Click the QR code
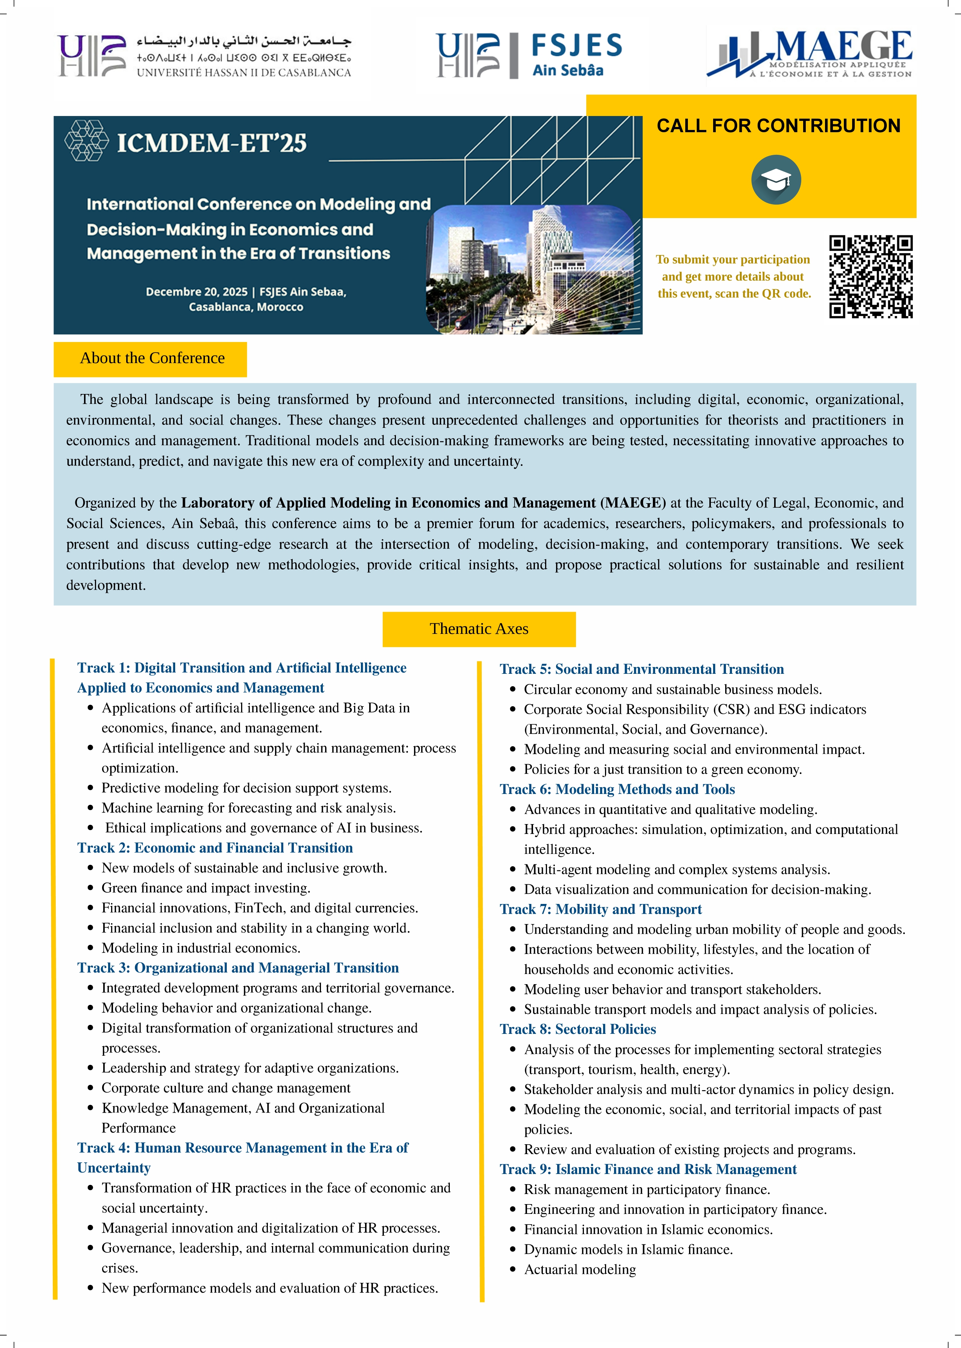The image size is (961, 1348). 871,276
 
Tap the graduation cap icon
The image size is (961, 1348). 776,180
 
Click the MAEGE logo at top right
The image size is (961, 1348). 810,54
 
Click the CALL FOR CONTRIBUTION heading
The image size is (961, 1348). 778,126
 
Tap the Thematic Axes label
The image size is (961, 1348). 479,629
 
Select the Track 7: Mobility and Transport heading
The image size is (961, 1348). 600,909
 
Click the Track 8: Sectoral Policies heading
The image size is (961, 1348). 578,1029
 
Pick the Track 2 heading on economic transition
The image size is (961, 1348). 215,847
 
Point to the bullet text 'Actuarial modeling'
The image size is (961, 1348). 579,1269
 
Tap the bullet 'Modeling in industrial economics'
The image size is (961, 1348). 201,948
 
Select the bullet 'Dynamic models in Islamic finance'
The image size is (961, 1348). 628,1249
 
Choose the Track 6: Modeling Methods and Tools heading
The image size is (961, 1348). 617,789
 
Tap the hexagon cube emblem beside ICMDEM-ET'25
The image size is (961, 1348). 86,141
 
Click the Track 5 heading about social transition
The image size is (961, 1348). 642,669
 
